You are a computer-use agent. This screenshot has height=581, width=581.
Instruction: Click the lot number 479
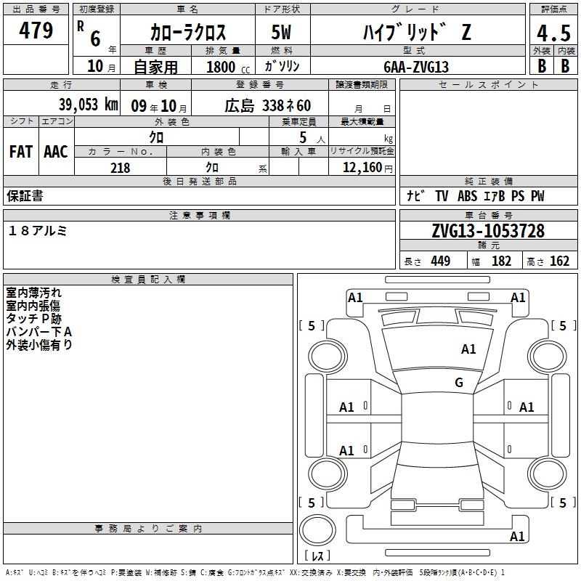(36, 30)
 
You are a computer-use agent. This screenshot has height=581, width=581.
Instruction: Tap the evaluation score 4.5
(553, 33)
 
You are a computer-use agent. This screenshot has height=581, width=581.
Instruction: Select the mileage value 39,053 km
(88, 105)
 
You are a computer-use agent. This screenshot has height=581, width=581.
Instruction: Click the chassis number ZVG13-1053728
(488, 231)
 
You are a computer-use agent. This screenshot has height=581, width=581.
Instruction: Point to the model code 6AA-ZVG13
(416, 67)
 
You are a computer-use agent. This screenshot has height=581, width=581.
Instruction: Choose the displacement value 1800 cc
(228, 67)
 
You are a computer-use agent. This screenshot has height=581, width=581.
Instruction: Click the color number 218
(120, 168)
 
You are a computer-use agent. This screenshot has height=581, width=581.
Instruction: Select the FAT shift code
(21, 152)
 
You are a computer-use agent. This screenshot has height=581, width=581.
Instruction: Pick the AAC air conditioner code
(56, 152)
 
